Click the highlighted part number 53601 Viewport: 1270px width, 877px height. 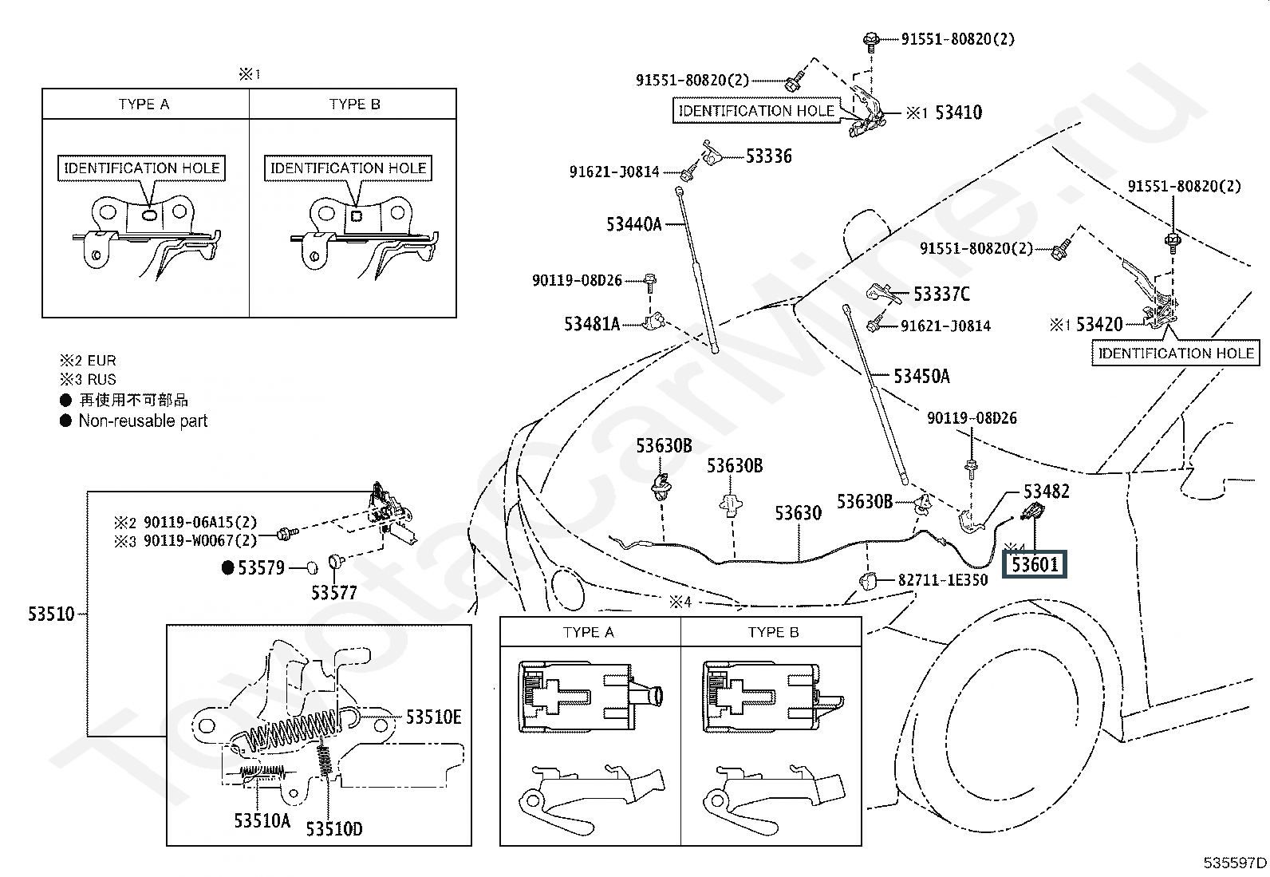1035,564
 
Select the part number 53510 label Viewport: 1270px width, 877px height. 52,614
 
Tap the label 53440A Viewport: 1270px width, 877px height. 634,224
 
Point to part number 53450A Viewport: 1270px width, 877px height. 921,376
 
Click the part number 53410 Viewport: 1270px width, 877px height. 958,113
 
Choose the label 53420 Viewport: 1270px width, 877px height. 1099,324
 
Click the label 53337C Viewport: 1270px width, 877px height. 941,294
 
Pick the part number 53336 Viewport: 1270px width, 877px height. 769,156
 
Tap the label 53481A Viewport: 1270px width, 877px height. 592,324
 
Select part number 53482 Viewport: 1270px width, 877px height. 1047,492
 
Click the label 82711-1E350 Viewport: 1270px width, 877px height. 943,580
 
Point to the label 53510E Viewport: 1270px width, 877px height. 434,717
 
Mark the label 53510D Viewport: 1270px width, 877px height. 334,829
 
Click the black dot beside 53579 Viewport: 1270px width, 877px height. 227,567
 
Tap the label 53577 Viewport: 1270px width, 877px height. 334,593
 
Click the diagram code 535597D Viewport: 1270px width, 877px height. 1235,863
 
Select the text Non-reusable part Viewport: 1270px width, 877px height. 143,421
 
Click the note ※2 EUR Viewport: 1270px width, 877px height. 88,361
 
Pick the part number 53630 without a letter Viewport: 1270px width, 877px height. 799,513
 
